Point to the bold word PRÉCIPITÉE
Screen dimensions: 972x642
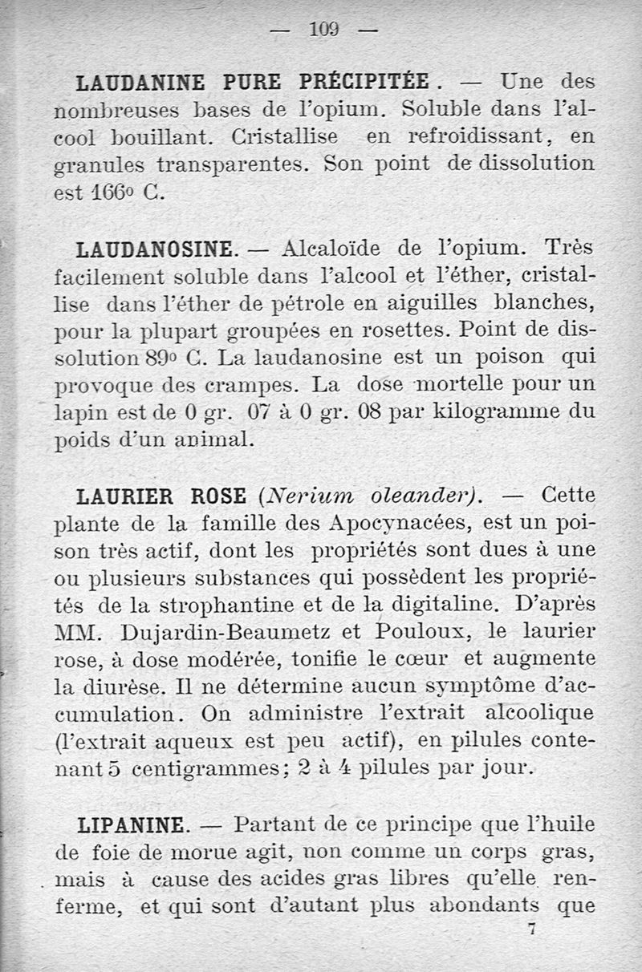(x=366, y=83)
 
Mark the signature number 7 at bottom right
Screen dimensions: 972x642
(x=531, y=930)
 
